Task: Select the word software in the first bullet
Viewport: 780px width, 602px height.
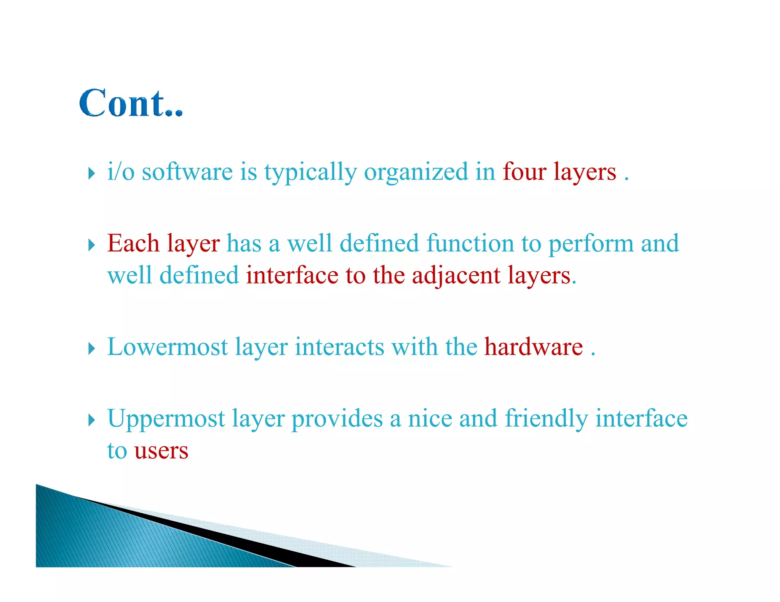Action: pos(187,172)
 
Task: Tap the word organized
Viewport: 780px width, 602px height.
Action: pos(416,172)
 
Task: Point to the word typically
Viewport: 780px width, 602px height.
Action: pos(310,172)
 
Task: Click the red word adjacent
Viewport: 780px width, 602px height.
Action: pos(456,276)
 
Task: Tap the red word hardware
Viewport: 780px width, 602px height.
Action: pos(533,347)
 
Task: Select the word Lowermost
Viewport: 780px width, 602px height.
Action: pos(167,347)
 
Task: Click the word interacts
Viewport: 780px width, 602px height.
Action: pos(339,347)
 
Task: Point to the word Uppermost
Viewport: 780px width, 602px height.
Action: pos(166,419)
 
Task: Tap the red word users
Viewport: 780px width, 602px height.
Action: pos(161,451)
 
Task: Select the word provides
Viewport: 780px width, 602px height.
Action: pos(337,419)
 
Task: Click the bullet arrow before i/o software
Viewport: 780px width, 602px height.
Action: pos(91,174)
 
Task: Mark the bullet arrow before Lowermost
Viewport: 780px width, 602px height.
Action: pos(91,349)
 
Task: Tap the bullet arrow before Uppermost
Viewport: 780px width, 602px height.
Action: pos(91,420)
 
